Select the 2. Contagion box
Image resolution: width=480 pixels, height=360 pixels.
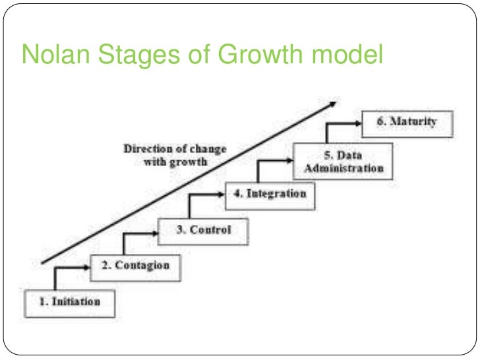tap(135, 266)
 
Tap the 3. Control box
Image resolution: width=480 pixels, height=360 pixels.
tap(204, 230)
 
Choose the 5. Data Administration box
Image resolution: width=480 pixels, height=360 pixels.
tap(343, 161)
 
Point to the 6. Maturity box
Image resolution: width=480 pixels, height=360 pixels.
tap(407, 123)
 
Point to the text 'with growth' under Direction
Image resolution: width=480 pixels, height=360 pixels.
tap(175, 162)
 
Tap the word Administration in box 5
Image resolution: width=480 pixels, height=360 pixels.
tap(344, 168)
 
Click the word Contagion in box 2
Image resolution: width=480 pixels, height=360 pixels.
tap(143, 266)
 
